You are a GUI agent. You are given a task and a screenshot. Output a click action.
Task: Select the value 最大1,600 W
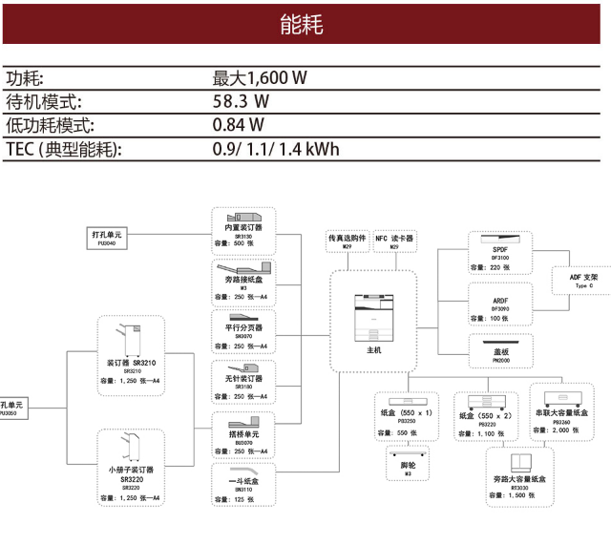pos(259,78)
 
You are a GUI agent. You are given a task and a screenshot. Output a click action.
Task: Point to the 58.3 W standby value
pos(240,101)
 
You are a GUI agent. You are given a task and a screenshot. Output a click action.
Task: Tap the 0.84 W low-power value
pos(239,125)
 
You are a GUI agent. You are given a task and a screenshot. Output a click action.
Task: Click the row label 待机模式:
pos(44,101)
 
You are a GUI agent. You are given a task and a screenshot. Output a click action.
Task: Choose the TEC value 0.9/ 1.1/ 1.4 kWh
pos(275,149)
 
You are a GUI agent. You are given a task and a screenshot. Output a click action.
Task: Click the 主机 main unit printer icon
pos(373,315)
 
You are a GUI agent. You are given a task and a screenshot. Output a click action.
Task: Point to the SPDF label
pos(500,249)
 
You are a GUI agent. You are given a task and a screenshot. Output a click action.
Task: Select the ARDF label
pos(500,300)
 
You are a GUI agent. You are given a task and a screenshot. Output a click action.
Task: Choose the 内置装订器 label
pos(243,227)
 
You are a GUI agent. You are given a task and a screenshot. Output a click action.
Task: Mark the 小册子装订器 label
pos(132,470)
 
